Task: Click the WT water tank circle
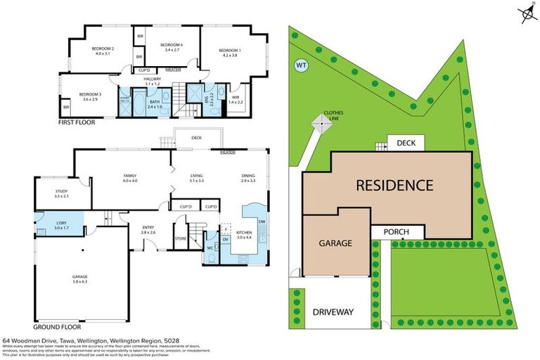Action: click(302, 65)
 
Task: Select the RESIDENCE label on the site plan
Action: click(393, 186)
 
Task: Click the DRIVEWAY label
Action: click(334, 311)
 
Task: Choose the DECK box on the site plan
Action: click(406, 143)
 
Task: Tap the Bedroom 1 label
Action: click(229, 53)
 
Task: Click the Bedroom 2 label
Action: click(103, 51)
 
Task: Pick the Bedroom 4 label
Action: click(172, 47)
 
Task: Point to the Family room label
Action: click(129, 178)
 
